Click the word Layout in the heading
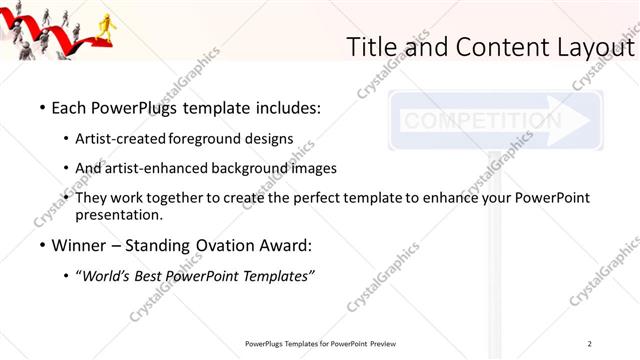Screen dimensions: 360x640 click(592, 47)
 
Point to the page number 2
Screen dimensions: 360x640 click(590, 343)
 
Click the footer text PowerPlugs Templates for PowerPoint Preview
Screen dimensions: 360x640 click(326, 343)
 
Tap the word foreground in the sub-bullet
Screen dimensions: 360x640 click(208, 138)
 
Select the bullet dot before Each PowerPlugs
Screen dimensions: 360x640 click(41, 106)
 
